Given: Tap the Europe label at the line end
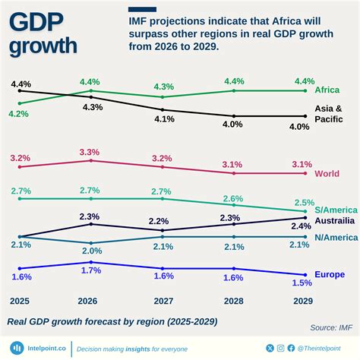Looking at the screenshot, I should pos(329,274).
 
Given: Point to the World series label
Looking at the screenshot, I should pos(327,174).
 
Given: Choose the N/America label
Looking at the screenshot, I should pos(335,237).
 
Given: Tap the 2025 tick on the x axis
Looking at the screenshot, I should pos(21,301).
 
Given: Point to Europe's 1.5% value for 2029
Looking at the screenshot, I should pos(302,283).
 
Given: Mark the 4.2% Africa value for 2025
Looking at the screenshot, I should pos(19,113).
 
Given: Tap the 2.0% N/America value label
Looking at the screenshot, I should pos(91,251).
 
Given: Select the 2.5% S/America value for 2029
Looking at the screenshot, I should pos(303,202).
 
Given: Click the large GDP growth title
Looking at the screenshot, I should pos(44,33).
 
